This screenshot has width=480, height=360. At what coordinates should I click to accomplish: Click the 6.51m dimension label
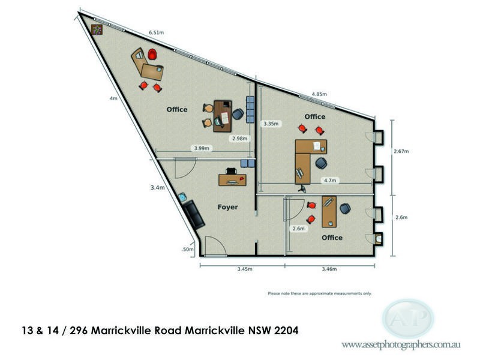pos(157,32)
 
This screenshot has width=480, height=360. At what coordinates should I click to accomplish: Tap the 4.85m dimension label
pos(319,94)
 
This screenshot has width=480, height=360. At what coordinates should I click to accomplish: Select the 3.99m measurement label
pos(201,148)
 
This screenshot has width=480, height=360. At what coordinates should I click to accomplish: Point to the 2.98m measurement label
pos(239,138)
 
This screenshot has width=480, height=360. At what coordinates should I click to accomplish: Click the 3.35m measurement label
pos(271,124)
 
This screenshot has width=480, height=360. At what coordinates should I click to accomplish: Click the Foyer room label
pos(227,207)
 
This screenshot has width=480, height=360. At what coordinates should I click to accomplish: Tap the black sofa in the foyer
pos(194,215)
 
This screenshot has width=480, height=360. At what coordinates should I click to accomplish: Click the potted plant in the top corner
pos(97,29)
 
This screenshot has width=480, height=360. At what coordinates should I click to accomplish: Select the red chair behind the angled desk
pos(152,54)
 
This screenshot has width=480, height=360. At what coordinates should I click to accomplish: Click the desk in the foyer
pos(232,179)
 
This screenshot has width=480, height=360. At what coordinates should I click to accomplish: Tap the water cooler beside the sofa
pos(182,197)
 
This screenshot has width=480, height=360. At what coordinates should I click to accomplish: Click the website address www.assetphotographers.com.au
pos(401,345)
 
